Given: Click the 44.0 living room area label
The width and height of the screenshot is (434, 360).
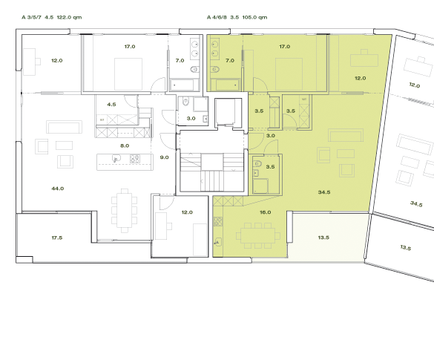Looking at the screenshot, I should [x=58, y=189].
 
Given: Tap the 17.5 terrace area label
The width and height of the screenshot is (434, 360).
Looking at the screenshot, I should [x=56, y=238].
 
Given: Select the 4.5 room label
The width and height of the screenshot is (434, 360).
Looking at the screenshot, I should [x=112, y=105].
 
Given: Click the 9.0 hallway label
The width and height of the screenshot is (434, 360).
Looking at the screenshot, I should [x=165, y=157].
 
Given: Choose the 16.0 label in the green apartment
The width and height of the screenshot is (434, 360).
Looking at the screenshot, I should [x=265, y=212].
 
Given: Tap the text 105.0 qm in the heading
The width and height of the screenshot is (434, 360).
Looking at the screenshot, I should [x=253, y=16].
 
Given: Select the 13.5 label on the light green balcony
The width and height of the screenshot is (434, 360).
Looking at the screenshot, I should [x=323, y=239].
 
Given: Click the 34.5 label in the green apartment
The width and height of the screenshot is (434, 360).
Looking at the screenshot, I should [x=323, y=192].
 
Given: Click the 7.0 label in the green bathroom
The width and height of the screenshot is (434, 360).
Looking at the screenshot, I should [x=229, y=60].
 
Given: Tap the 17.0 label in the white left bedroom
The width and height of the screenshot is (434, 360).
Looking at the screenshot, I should [x=129, y=47].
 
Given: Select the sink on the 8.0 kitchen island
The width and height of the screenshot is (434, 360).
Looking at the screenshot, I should [x=116, y=159].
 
